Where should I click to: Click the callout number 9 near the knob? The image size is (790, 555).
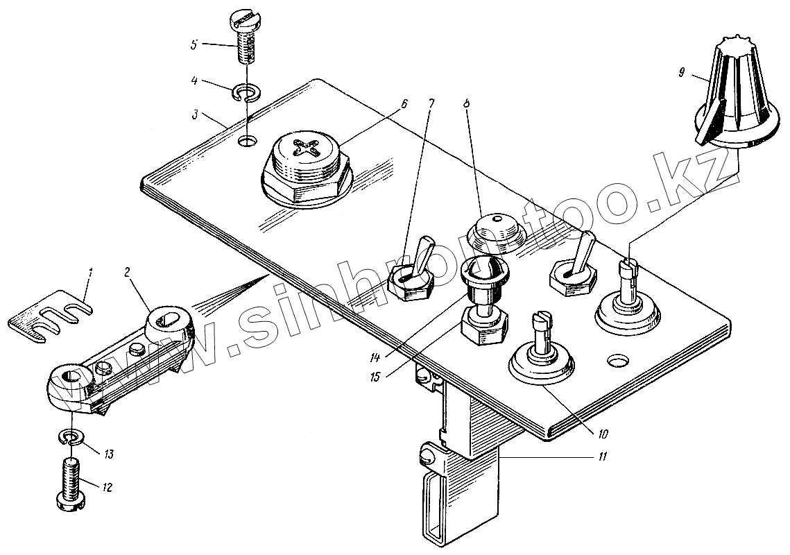click(x=683, y=70)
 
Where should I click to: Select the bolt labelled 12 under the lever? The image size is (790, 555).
click(x=70, y=482)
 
